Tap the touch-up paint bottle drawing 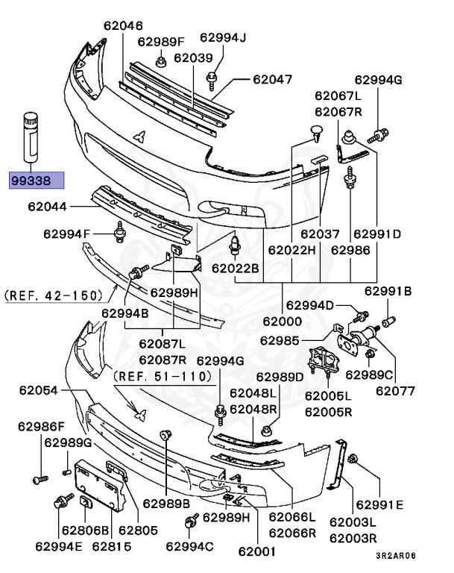point(29,135)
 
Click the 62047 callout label point(272,78)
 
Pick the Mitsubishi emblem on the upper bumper point(139,137)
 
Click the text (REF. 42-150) point(54,295)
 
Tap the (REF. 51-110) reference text point(163,376)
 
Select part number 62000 point(282,321)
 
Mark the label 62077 point(395,389)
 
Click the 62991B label point(388,291)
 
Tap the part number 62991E point(379,505)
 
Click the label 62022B point(235,268)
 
